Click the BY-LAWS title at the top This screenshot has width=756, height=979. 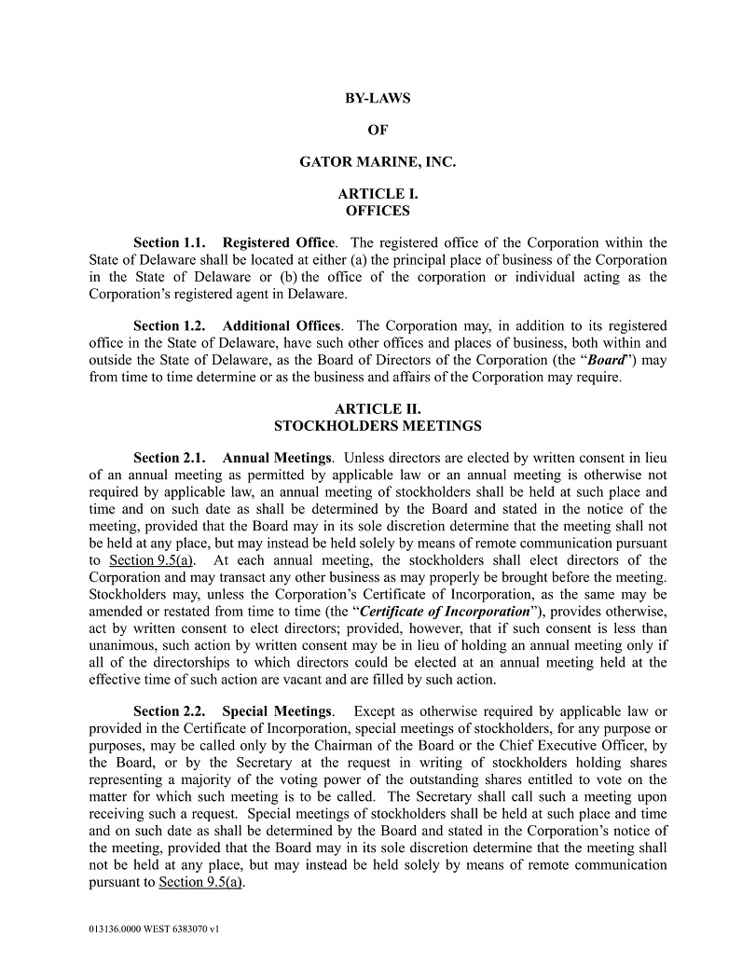[x=378, y=98]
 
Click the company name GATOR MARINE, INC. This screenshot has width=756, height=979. [x=378, y=161]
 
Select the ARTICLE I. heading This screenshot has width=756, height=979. [x=378, y=194]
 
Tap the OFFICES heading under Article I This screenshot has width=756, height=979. [x=378, y=211]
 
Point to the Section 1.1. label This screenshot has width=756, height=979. [x=169, y=243]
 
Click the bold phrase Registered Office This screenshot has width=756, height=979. [x=281, y=243]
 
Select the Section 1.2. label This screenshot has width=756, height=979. [x=169, y=325]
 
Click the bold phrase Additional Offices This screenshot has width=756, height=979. [x=282, y=325]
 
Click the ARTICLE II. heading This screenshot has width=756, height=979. [x=378, y=408]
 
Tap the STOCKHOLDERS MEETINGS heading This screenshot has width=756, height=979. [x=378, y=425]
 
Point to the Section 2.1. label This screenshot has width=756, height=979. [x=169, y=458]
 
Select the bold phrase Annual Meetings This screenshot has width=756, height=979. [x=277, y=458]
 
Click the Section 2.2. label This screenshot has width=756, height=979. [x=169, y=711]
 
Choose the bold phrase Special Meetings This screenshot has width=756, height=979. [x=277, y=711]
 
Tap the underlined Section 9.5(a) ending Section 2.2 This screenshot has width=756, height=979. [x=201, y=881]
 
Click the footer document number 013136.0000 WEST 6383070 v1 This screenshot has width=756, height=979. [x=153, y=930]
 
